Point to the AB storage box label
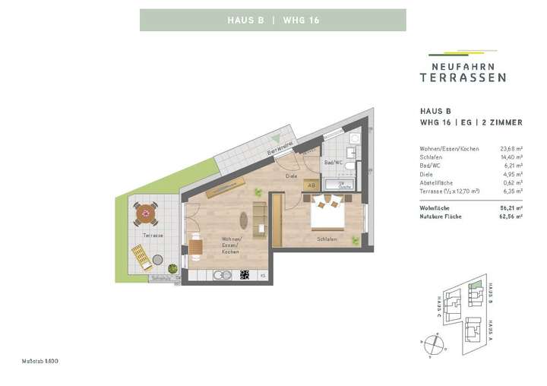311,184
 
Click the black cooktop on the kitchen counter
245,274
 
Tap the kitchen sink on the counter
220,274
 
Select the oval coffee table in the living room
244,221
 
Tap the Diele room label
290,176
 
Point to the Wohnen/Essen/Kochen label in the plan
230,247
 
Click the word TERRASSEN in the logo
463,77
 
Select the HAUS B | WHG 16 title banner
273,20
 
